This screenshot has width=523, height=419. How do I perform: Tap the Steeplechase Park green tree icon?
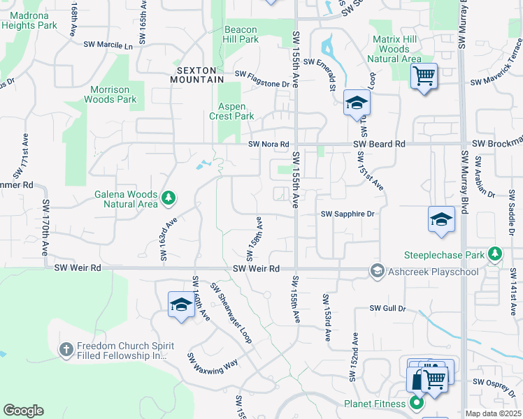pyautogui.click(x=496, y=253)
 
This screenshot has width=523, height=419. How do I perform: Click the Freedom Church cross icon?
pyautogui.click(x=66, y=348)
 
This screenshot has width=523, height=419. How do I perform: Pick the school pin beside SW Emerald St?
pyautogui.click(x=357, y=104)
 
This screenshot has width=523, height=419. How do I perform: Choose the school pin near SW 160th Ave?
pyautogui.click(x=181, y=304)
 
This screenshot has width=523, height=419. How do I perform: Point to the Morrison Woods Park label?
pyautogui.click(x=109, y=94)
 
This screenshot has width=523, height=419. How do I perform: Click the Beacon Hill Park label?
pyautogui.click(x=241, y=35)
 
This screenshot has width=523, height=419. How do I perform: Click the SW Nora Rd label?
pyautogui.click(x=269, y=145)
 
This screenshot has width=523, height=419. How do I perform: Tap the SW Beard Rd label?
pyautogui.click(x=380, y=144)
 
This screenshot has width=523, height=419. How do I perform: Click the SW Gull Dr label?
pyautogui.click(x=387, y=308)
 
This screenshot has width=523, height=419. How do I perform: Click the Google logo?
pyautogui.click(x=23, y=411)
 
